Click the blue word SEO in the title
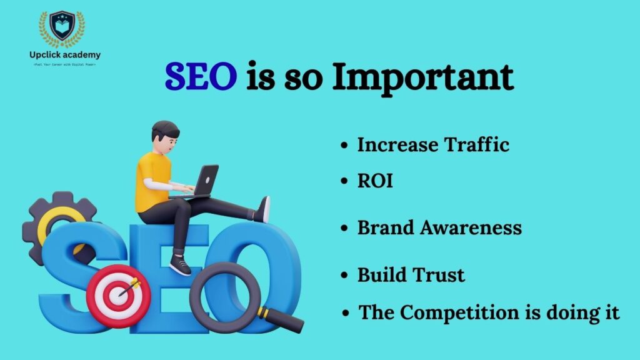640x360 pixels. click(201, 78)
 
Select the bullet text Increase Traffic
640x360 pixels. click(433, 145)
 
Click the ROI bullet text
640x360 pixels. click(375, 181)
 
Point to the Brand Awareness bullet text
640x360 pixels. click(439, 227)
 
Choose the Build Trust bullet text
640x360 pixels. click(411, 274)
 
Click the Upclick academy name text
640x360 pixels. click(65, 55)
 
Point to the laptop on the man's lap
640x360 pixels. click(201, 181)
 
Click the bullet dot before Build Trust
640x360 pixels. click(344, 275)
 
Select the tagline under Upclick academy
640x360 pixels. click(65, 64)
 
